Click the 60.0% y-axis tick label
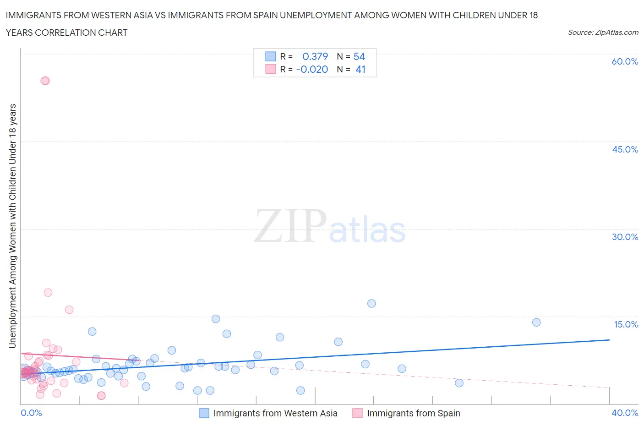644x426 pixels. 625,61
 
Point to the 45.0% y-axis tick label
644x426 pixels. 625,149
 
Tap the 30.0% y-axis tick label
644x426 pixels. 625,237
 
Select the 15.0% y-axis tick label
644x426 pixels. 626,324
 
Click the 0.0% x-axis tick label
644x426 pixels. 31,413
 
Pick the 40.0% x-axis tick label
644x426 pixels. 625,413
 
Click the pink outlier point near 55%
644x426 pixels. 45,81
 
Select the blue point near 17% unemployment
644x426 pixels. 371,303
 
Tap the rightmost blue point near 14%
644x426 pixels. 536,322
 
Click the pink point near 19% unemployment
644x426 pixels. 48,292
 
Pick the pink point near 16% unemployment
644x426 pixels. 69,310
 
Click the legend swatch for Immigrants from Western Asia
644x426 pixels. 204,413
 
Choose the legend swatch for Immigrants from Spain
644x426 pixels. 357,413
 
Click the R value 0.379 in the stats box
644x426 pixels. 315,56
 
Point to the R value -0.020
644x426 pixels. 312,69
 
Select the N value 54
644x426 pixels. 359,56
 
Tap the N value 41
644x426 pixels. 360,69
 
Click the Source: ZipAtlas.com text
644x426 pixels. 603,32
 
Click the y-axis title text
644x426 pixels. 12,225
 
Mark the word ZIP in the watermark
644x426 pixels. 290,225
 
